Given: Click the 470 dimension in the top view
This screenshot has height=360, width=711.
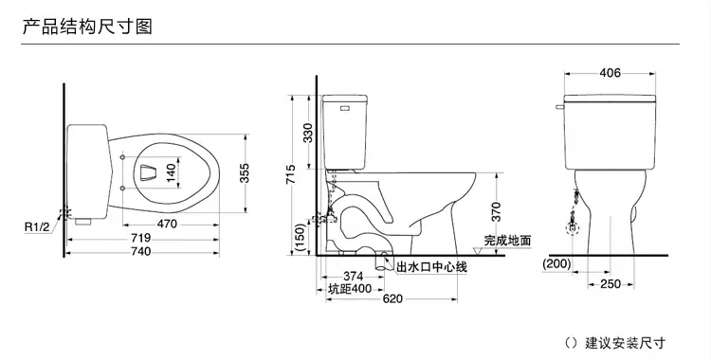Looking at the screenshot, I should pyautogui.click(x=167, y=225).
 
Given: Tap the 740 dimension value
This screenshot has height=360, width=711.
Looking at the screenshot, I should pyautogui.click(x=139, y=253).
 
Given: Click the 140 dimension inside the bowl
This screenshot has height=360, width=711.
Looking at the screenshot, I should pyautogui.click(x=172, y=174).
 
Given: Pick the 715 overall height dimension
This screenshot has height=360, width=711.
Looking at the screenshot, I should pyautogui.click(x=293, y=174).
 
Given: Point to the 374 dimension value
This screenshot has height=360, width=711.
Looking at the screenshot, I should pyautogui.click(x=355, y=274).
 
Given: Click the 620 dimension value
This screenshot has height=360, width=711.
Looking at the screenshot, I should pyautogui.click(x=392, y=300).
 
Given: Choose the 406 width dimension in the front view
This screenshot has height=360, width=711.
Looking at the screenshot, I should pyautogui.click(x=611, y=72).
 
